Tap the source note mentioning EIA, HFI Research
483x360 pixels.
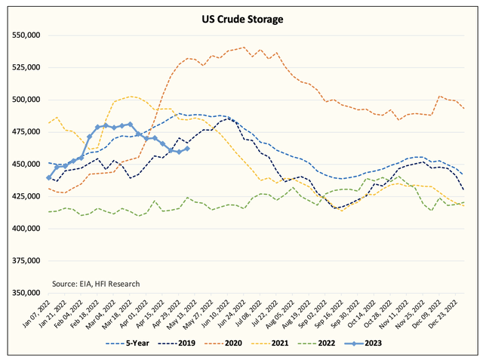(x=96, y=283)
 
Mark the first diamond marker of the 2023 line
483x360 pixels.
(x=49, y=177)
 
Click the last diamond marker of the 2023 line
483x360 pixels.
(x=187, y=149)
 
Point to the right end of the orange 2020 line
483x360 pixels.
(x=463, y=109)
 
